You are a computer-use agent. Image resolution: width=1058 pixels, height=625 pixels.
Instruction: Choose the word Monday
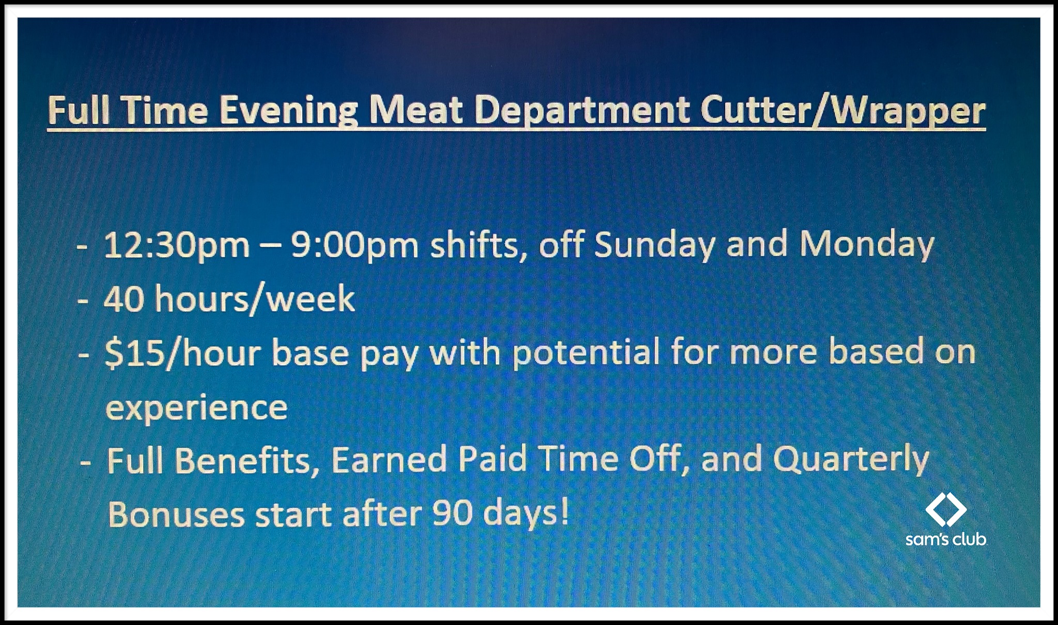867,246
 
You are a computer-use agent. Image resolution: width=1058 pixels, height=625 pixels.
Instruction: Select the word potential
586,354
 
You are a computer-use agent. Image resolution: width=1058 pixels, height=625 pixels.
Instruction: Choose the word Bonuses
176,514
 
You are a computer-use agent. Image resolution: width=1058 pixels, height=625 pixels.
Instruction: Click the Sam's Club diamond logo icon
945,509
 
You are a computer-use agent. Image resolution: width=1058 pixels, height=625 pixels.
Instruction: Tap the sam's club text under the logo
945,539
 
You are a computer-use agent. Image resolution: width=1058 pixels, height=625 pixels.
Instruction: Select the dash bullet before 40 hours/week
83,301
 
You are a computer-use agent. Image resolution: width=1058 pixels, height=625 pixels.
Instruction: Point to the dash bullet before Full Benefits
86,462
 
